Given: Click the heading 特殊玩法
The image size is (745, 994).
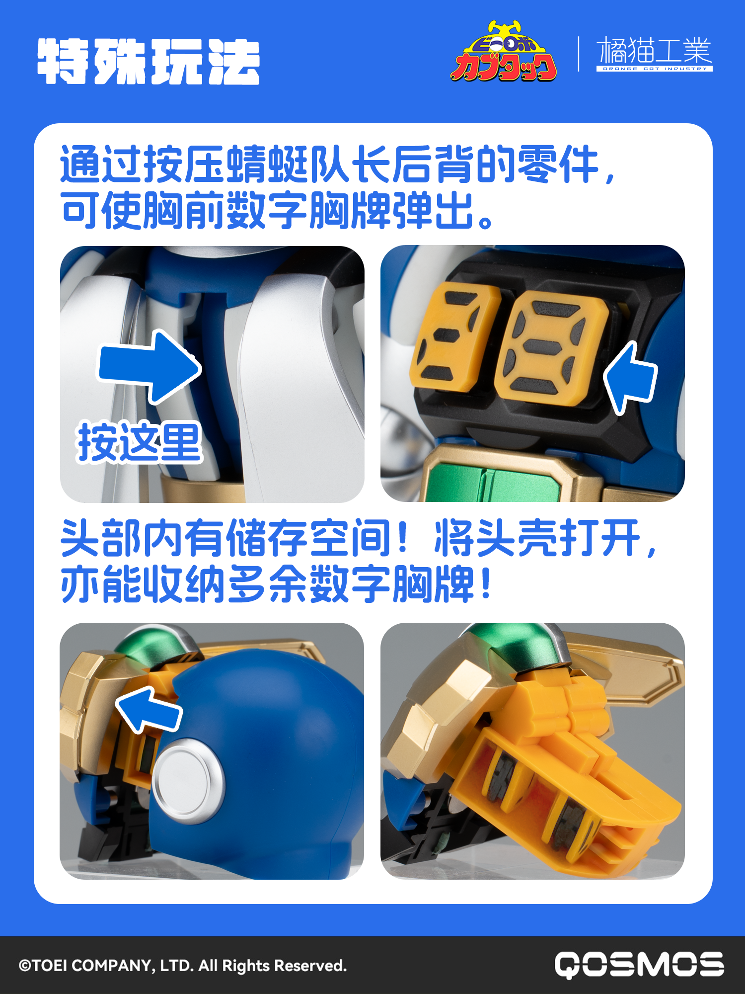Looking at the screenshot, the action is [149, 62].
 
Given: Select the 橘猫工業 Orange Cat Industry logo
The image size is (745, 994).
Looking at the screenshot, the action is [654, 54].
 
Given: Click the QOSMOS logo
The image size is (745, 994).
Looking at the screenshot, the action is [639, 965].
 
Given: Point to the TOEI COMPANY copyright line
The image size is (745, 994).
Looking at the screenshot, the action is [182, 966].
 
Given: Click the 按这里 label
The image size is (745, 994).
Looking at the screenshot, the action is [139, 442].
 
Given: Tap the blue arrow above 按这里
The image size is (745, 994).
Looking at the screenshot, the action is [149, 367].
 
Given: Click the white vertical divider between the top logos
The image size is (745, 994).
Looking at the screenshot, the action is [579, 54].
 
